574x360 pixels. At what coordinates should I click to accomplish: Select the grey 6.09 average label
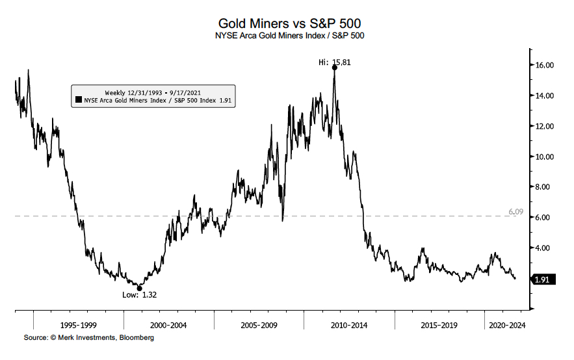(x=516, y=212)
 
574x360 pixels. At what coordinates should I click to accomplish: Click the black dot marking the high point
(x=334, y=68)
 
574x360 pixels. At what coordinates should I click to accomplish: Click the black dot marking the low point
(x=139, y=288)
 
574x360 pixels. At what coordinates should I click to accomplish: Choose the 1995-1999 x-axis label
(x=78, y=324)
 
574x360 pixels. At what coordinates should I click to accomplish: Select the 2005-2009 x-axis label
(x=259, y=324)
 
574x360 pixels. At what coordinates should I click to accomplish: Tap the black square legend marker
(x=78, y=101)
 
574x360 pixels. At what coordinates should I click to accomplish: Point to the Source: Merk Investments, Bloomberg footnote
(x=89, y=338)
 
